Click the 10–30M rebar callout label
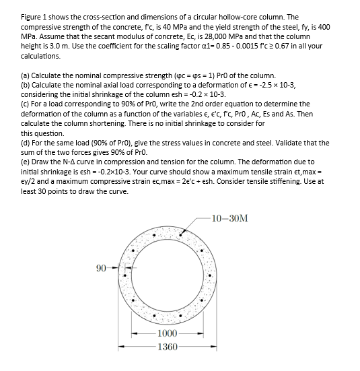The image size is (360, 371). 229,219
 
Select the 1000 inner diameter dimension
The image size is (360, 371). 167,334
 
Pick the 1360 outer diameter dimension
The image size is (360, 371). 167,347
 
